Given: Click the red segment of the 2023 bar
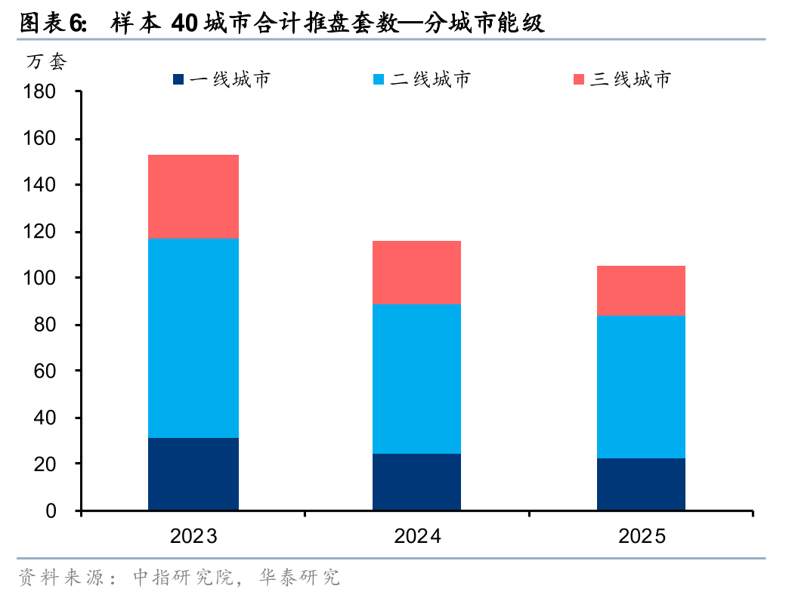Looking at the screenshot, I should coord(193,196).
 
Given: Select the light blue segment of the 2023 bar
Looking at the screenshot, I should coord(193,338).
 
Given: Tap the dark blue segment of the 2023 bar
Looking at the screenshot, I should coord(193,473).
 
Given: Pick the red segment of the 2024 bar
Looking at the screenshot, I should coord(416,273).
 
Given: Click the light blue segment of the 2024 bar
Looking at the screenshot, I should coord(416,379).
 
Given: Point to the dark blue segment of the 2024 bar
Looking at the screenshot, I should coord(416,482).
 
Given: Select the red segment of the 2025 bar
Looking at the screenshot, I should coord(641,290).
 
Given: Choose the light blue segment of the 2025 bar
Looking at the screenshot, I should coord(641,387).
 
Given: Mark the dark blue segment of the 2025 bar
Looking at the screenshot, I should coord(641,484).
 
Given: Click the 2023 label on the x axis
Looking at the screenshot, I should coord(193,537).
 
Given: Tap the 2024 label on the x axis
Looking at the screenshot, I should coord(417,537).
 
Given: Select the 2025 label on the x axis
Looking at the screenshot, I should coord(642,537).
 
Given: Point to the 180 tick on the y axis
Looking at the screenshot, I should coord(41,92).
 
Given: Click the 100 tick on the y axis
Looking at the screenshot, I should coord(41,278).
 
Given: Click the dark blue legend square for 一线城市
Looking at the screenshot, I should coord(178,79).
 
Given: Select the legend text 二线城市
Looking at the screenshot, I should coord(430,79).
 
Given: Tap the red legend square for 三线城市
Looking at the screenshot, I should coord(580,79).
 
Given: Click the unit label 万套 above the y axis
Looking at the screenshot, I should coord(47,63).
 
